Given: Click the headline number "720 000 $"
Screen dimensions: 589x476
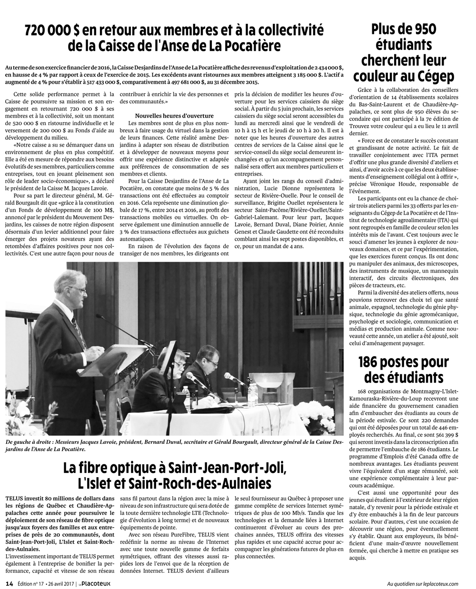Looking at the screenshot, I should tap(52, 31).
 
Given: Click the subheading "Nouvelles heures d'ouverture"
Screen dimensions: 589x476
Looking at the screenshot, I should tap(174, 116).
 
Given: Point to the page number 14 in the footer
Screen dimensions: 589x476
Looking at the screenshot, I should tap(10, 583).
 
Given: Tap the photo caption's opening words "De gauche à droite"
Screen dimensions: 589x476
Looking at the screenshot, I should tap(29, 442).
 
